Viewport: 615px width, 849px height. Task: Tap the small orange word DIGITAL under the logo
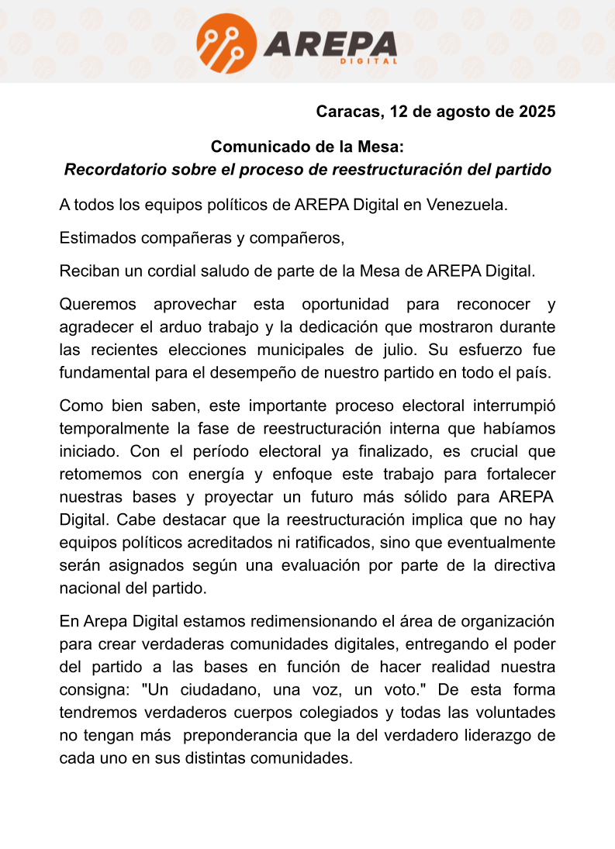click(x=368, y=61)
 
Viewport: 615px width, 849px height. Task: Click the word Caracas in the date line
click(x=347, y=112)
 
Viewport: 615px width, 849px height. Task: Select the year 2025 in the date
click(x=537, y=112)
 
